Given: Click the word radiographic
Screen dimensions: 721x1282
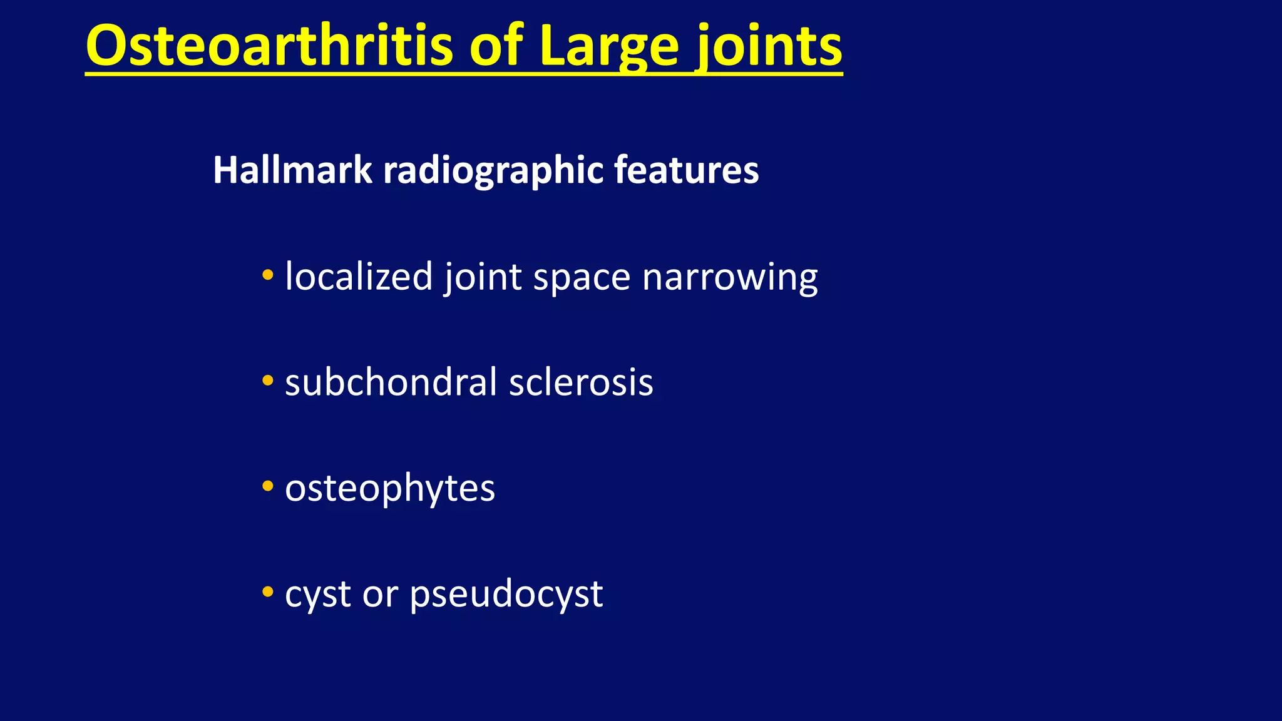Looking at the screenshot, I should coord(493,170).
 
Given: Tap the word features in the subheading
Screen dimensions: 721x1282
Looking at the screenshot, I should coord(686,170).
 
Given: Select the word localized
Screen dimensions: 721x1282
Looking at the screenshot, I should coord(359,276).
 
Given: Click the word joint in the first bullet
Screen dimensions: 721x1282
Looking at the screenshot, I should coord(483,276).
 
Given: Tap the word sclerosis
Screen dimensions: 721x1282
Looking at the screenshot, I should coord(581,382).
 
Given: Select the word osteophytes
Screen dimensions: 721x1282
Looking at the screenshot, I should coord(390,488).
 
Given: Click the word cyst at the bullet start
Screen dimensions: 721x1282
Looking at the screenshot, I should coord(317,595).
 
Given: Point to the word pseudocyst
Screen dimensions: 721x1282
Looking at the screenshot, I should coord(506,595).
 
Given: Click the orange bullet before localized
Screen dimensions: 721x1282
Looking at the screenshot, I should coord(268,274).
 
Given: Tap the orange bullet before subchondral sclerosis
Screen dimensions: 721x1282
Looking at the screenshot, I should coord(268,380).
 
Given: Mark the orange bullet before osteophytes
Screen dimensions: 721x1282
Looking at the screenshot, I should coord(268,486).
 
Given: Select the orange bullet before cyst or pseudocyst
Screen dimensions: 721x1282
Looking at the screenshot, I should coord(268,591).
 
